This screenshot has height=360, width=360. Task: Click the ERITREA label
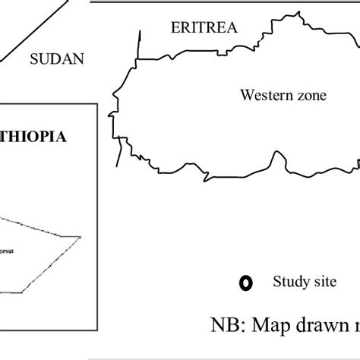coord(204,28)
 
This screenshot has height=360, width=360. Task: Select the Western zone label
coord(283,96)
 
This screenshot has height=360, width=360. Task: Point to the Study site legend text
coord(303,283)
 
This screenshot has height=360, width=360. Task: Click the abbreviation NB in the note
coord(224,326)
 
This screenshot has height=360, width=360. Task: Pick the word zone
coord(311,96)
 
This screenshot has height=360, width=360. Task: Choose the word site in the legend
coord(322,283)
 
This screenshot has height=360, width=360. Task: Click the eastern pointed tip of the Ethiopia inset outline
coord(81,237)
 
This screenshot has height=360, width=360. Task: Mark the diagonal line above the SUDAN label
coord(30,30)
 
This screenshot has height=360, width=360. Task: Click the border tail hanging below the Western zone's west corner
coord(118,156)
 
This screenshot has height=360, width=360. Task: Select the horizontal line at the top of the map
coord(228,2)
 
